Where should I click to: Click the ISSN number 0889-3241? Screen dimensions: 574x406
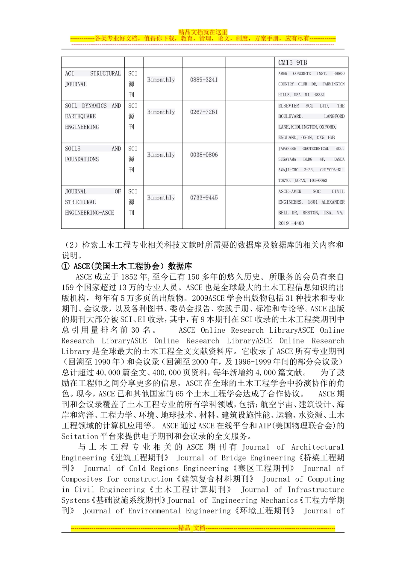click(204, 80)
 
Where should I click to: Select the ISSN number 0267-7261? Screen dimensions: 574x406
click(204, 112)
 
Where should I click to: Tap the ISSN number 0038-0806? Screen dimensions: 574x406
click(204, 155)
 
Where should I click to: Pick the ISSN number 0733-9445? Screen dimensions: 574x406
click(204, 198)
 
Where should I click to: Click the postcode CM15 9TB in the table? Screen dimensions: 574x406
click(292, 63)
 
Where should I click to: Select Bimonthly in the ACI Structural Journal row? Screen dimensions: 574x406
click(161, 80)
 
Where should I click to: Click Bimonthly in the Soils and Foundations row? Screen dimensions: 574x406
click(161, 155)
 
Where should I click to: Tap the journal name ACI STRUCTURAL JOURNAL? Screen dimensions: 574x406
click(93, 79)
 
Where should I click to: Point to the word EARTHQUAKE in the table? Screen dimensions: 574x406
click(80, 116)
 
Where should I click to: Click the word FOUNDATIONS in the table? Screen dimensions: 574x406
click(82, 159)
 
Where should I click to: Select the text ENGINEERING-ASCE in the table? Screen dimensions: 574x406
click(89, 213)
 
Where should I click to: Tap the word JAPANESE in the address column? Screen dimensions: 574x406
click(287, 149)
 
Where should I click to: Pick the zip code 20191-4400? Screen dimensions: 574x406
click(291, 223)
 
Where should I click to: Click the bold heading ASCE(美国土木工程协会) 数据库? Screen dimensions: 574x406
click(132, 266)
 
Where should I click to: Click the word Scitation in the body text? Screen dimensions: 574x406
click(80, 436)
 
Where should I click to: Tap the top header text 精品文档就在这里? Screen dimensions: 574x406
click(203, 32)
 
